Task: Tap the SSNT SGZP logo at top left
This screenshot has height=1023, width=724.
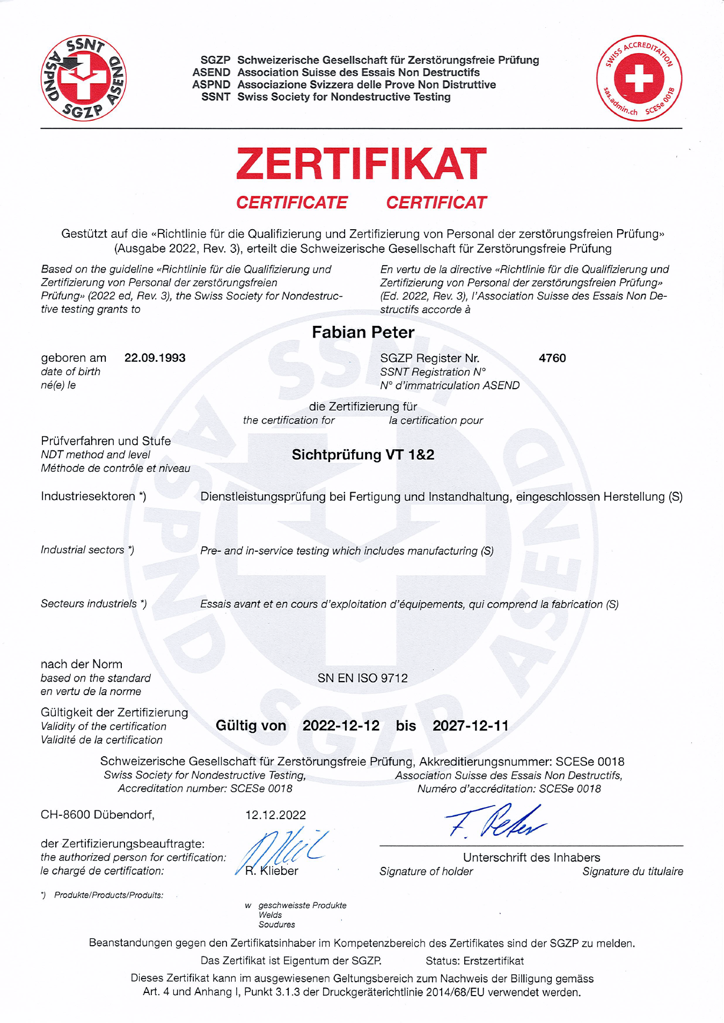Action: point(84,78)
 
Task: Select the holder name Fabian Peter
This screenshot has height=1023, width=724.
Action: point(363,332)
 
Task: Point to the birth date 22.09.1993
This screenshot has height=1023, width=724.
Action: point(155,358)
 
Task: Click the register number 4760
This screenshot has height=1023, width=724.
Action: point(552,358)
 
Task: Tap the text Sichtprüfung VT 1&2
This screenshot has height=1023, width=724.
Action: point(363,455)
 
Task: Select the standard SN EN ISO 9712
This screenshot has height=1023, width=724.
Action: point(362,678)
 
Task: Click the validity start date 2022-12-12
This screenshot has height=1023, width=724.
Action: point(341,726)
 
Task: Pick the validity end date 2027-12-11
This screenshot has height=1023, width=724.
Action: point(470,726)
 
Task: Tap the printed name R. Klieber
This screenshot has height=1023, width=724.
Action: point(272,871)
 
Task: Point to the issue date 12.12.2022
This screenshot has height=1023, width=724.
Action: point(275,815)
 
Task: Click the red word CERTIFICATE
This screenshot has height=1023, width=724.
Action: point(291,202)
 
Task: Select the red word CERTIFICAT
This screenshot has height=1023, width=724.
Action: point(436,202)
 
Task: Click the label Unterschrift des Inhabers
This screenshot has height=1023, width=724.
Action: point(531,857)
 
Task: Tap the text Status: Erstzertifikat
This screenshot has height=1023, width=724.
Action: point(474,960)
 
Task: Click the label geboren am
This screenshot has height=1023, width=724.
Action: point(74,358)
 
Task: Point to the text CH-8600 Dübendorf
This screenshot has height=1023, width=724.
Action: point(97,815)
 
